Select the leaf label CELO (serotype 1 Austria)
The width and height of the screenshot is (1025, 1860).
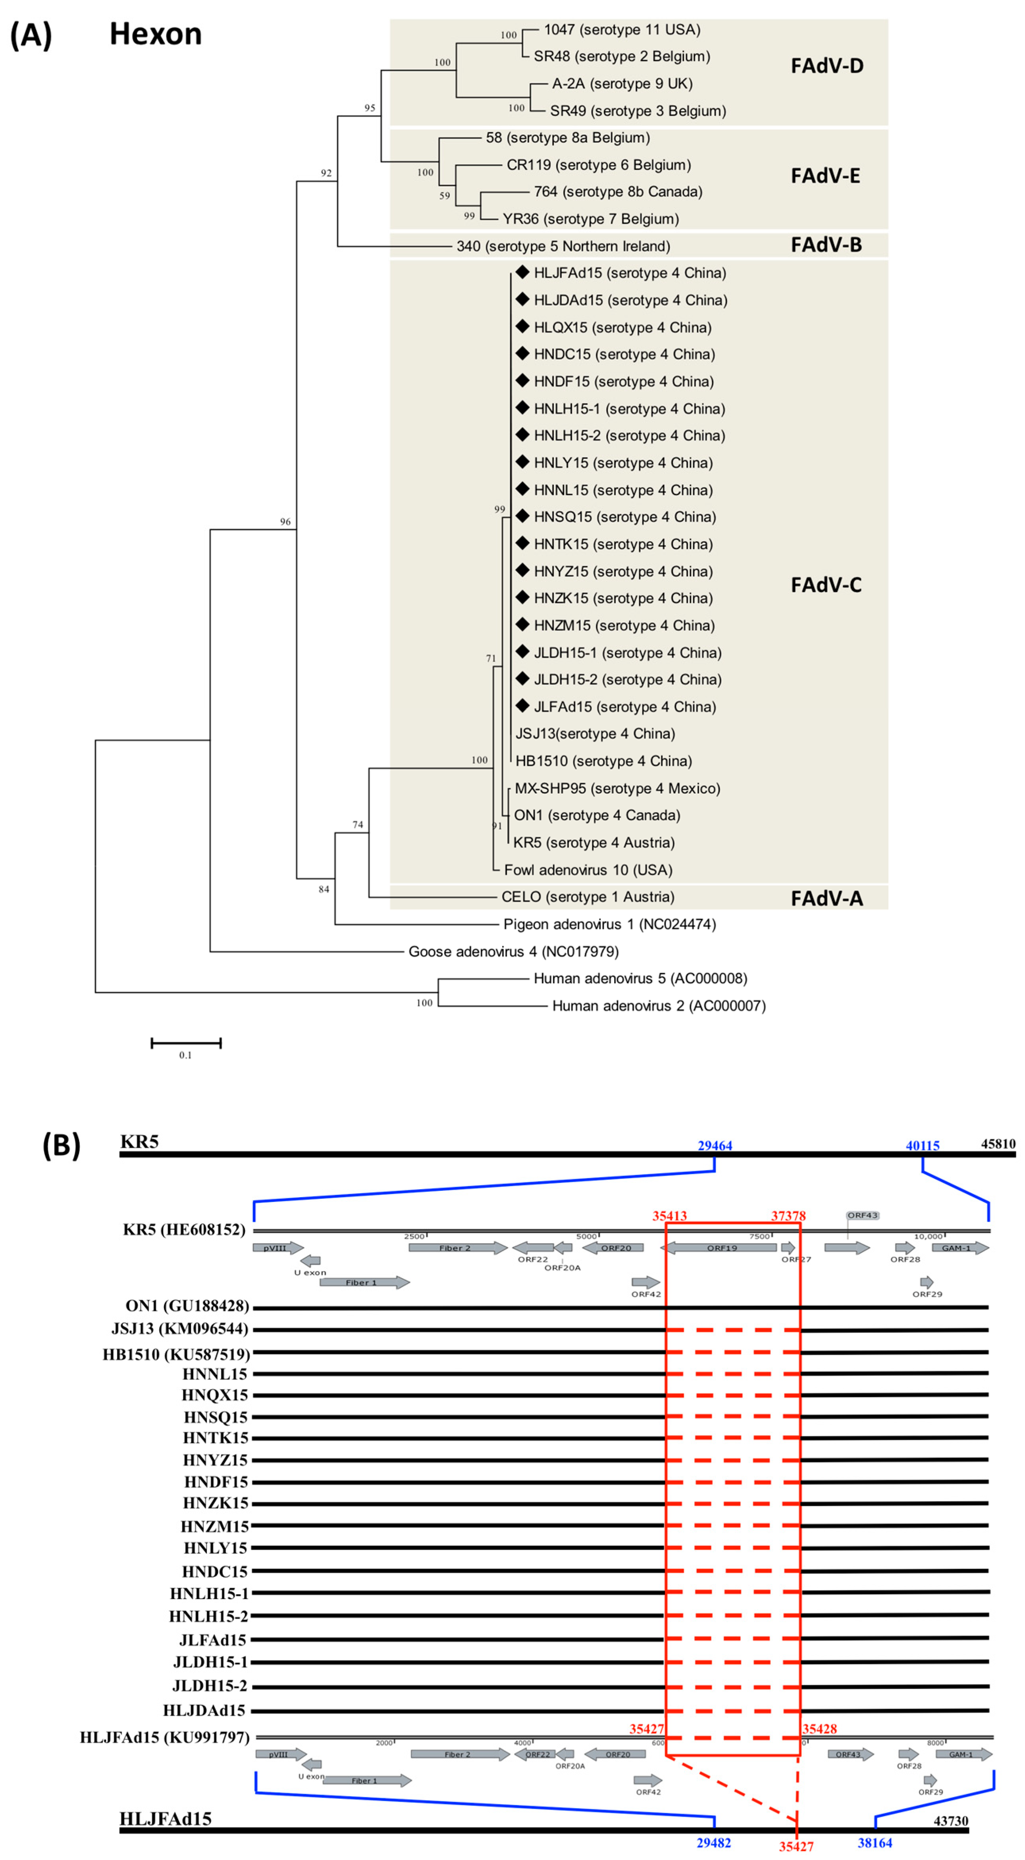point(588,897)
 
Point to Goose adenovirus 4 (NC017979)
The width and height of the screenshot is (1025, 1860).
point(513,952)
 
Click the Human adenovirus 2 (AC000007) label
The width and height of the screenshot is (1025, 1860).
point(658,1006)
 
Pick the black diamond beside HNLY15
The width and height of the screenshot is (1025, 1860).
point(522,462)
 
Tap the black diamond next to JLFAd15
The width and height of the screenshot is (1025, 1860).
point(522,706)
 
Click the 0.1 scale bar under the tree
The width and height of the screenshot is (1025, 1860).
point(185,1043)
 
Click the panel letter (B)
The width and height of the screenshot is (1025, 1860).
point(62,1145)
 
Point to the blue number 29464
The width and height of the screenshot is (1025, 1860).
point(715,1146)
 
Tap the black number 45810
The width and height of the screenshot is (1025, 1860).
point(998,1144)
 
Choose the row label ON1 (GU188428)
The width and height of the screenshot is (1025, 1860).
point(187,1306)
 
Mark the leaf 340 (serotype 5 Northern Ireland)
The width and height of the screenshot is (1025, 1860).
point(563,246)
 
